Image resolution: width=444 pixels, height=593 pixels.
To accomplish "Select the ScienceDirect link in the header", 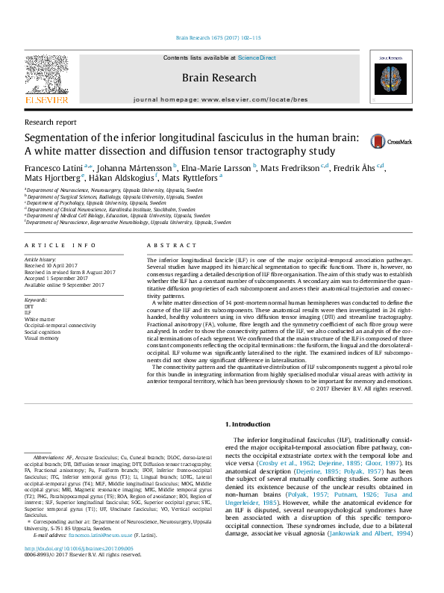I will [257, 58].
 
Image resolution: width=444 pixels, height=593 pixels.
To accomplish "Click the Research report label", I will [50, 122].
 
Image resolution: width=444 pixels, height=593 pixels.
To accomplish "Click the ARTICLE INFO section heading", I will [60, 246].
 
